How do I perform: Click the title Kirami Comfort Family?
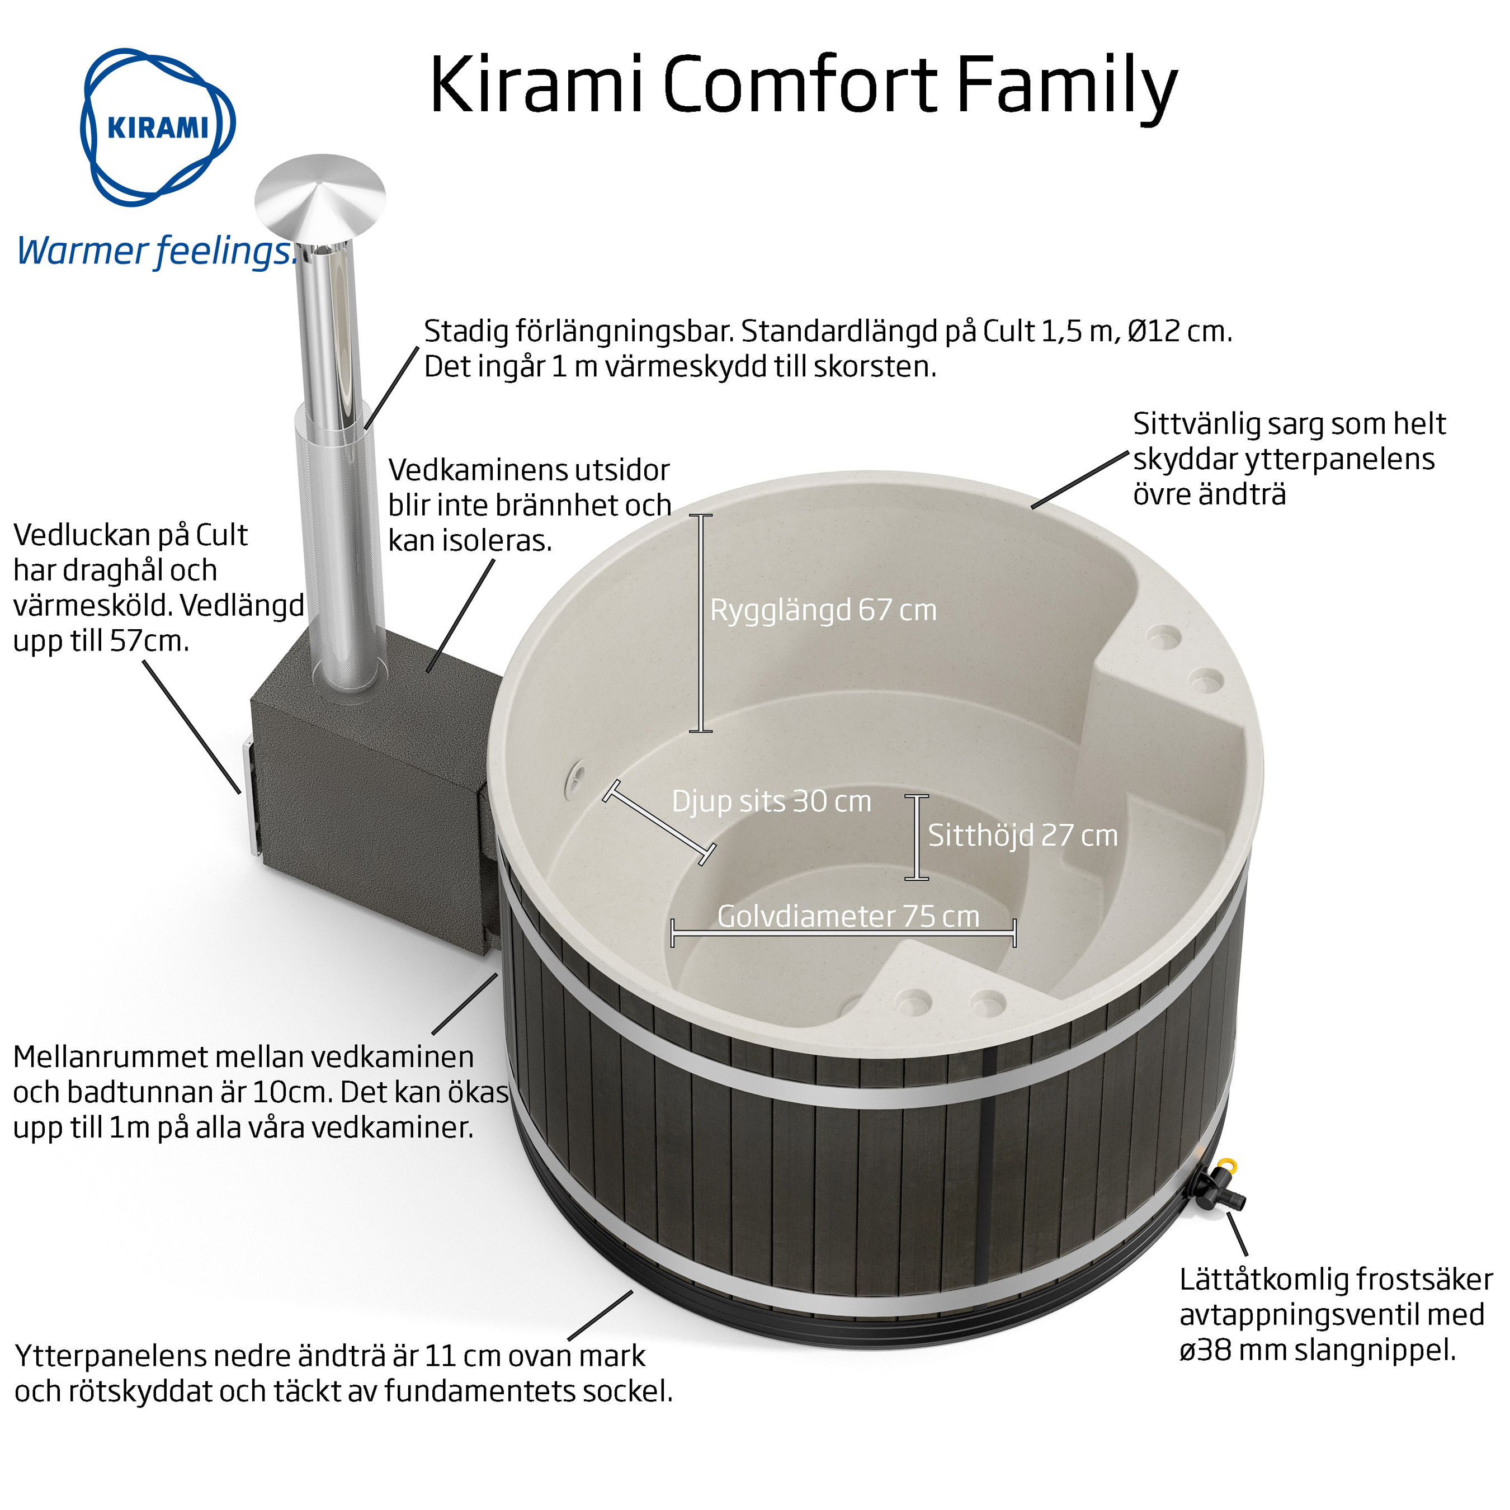coord(803,86)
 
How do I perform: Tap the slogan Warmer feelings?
coord(157,252)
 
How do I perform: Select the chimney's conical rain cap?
coord(320,199)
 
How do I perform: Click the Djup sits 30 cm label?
coord(771,801)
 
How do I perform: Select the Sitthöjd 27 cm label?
coord(1022,836)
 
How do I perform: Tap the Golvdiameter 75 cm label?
coord(848,916)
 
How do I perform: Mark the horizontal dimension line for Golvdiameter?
coord(844,932)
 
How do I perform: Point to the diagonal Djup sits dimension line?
coord(658,822)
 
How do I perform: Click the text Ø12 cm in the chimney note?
coord(1179,332)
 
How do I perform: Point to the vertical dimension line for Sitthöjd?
coord(917,837)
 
